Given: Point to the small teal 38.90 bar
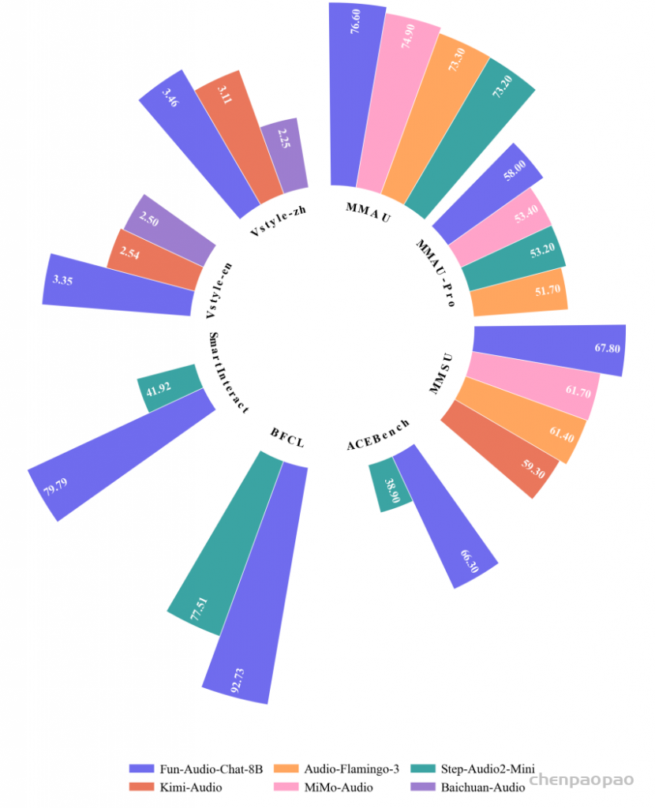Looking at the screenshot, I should [x=388, y=485].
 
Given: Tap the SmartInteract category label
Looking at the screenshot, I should [x=228, y=372].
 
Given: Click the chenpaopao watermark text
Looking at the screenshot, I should [x=582, y=780].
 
